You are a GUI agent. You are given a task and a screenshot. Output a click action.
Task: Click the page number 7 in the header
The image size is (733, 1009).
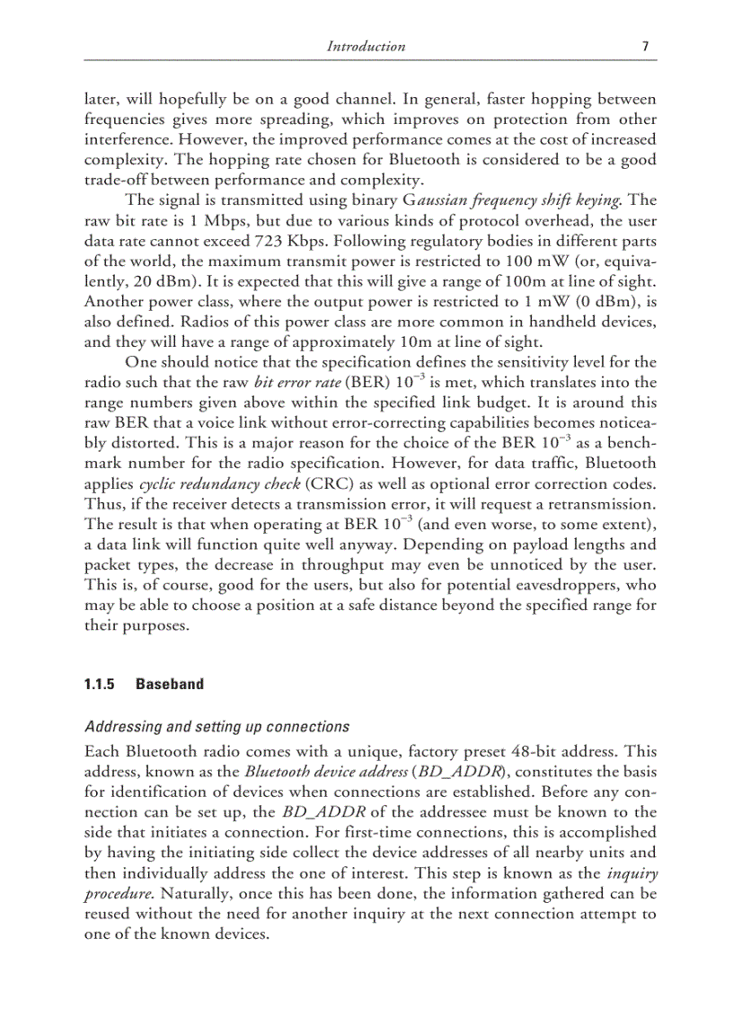point(646,47)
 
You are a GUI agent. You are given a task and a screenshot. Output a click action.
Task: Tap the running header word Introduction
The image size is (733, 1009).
point(366,47)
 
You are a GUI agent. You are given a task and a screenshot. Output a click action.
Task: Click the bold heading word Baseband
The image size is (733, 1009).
point(169,685)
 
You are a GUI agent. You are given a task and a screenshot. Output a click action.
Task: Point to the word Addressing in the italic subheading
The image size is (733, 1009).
point(119,727)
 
